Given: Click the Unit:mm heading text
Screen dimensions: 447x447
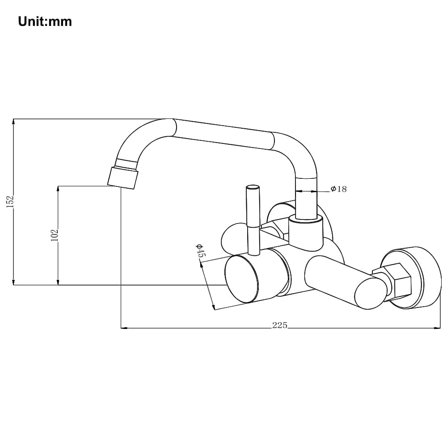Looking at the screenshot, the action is coord(45,21).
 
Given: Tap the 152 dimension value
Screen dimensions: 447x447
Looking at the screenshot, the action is coord(10,202).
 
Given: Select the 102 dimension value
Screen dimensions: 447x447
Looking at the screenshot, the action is coord(55,235).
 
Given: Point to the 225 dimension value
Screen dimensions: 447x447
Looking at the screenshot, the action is coord(280,325).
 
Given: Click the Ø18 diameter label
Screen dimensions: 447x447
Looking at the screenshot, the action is coord(339,189).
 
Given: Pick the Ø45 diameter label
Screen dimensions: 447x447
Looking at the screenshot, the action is coord(200,251).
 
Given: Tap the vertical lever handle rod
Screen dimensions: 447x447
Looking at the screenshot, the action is coord(253,220).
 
